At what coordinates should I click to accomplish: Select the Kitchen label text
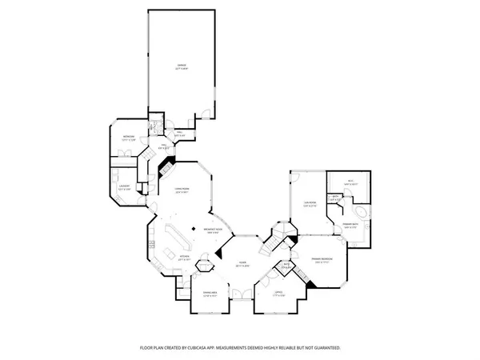coord(182,259)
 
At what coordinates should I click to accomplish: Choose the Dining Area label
coord(210,296)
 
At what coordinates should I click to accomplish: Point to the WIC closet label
coord(350,183)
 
